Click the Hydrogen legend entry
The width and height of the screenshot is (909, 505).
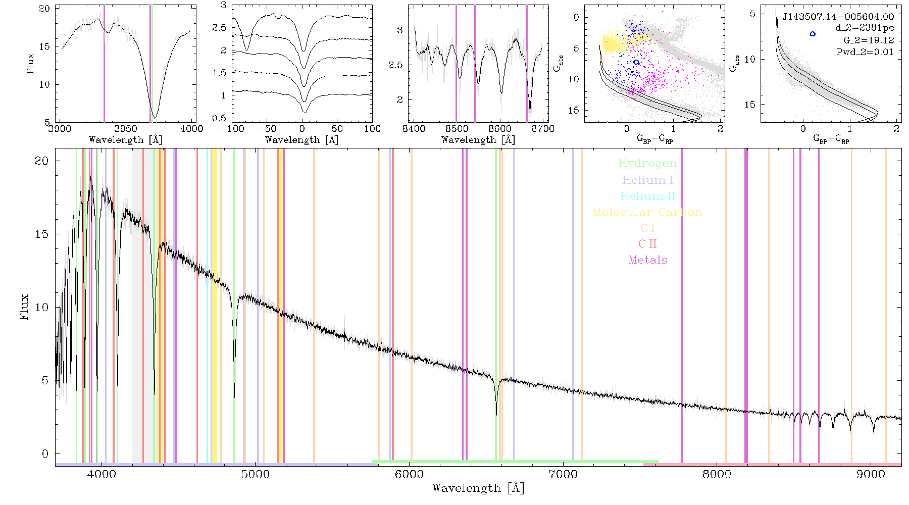click(x=647, y=164)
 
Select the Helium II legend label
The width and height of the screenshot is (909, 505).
click(x=647, y=196)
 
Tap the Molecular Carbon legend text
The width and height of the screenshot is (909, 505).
click(x=647, y=212)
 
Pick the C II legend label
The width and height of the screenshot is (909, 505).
click(x=647, y=244)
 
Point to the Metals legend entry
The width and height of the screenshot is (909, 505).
click(x=647, y=260)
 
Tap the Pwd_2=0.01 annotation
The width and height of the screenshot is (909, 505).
click(x=865, y=52)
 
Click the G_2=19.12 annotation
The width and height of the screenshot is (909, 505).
click(x=869, y=40)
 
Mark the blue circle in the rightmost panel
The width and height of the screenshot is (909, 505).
click(x=813, y=34)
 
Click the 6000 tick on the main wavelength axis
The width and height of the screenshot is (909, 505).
click(x=409, y=475)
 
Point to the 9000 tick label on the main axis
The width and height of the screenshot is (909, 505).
click(x=871, y=475)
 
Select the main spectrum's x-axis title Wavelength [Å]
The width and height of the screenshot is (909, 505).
click(x=478, y=488)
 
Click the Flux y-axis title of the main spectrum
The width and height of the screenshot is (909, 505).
click(x=24, y=307)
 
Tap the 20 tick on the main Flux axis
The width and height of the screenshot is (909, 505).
click(x=42, y=161)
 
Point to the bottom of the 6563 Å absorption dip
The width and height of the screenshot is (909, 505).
click(x=496, y=415)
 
